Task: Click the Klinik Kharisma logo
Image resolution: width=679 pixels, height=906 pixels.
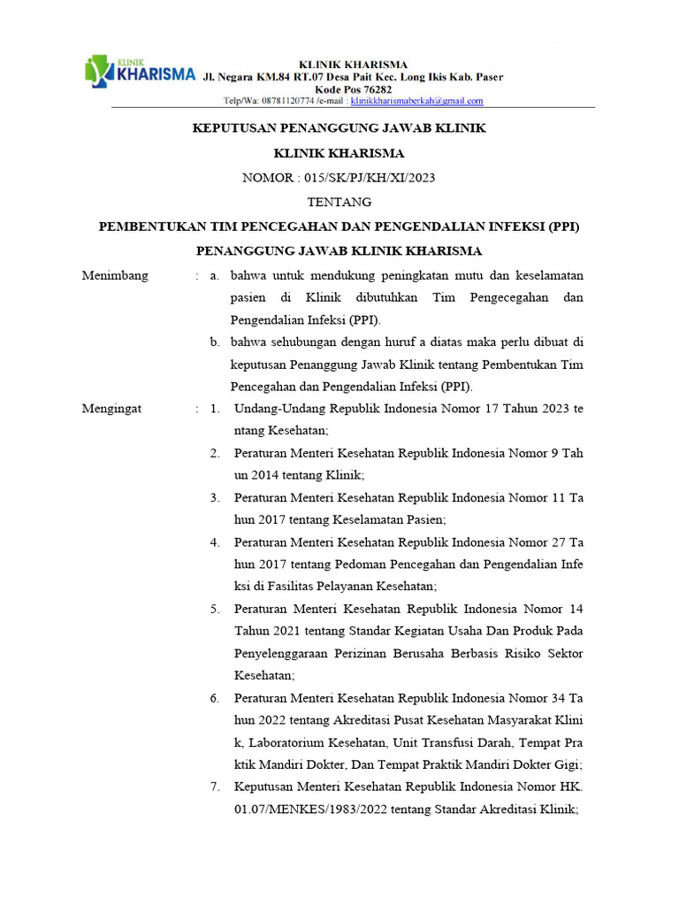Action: tap(140, 72)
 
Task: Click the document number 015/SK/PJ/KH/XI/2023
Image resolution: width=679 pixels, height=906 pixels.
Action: tap(370, 178)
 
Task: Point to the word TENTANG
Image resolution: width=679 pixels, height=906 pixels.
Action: tap(339, 203)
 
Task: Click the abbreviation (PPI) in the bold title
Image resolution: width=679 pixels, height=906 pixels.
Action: tap(563, 226)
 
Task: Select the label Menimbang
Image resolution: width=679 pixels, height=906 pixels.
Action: tap(115, 275)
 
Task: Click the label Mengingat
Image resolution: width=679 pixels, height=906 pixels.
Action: tap(111, 409)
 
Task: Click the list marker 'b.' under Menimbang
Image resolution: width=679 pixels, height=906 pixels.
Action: tap(215, 342)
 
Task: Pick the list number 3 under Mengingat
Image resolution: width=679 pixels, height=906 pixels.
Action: tap(215, 498)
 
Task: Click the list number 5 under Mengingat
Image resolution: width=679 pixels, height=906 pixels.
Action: tap(215, 609)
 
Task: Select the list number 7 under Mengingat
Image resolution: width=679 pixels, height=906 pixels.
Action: tap(215, 787)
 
